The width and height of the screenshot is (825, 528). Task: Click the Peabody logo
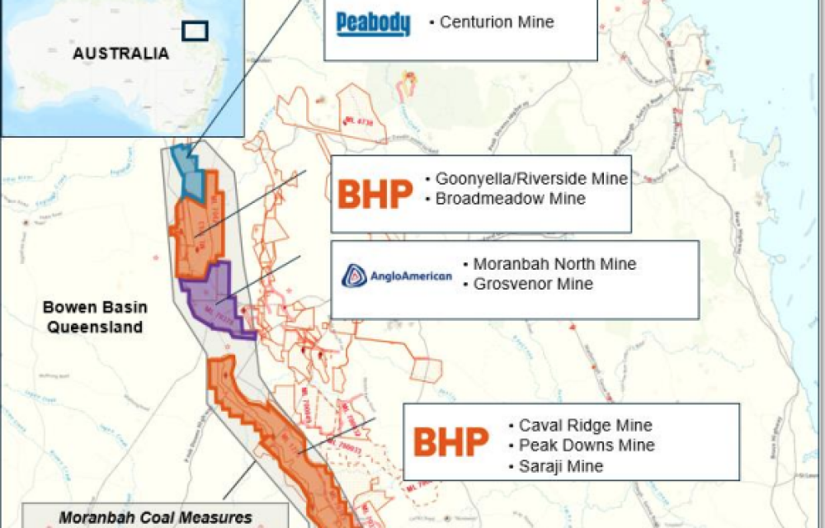[373, 24]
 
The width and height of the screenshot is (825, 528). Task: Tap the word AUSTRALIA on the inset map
[120, 54]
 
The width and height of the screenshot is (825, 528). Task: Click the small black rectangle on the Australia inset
[195, 31]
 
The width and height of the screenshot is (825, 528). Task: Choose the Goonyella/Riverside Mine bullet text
[532, 179]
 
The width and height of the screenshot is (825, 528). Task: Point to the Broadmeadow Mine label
[511, 199]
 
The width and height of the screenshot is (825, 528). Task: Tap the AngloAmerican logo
[398, 276]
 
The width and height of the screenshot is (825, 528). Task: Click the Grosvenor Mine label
[534, 285]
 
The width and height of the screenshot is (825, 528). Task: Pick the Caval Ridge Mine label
[586, 426]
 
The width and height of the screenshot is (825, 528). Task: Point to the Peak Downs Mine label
[587, 445]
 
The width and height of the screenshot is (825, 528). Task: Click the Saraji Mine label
[561, 466]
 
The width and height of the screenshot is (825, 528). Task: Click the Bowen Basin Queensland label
[95, 318]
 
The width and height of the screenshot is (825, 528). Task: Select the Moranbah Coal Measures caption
[155, 518]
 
